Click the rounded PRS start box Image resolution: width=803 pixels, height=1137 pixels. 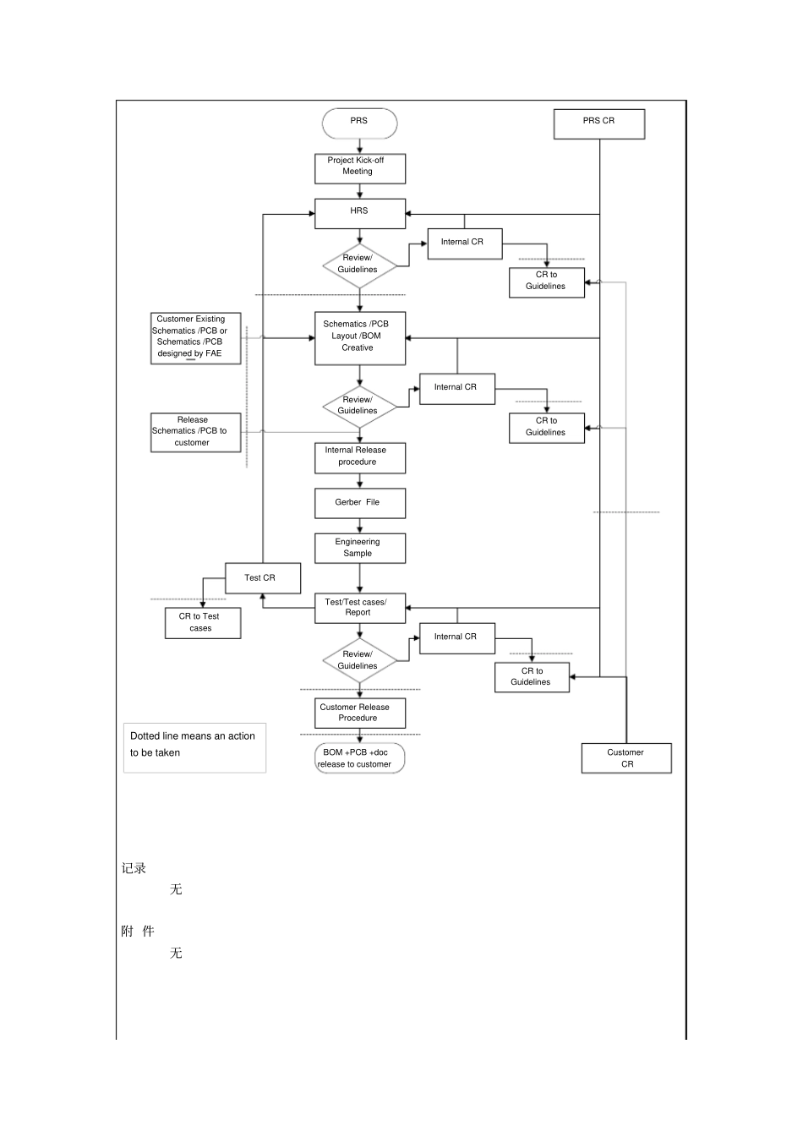coord(359,123)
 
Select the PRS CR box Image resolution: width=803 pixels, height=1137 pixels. coord(599,123)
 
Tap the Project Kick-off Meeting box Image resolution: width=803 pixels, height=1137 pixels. coord(360,168)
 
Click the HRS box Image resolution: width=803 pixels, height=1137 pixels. coord(360,213)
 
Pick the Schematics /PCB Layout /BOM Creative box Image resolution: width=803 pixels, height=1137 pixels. coord(360,338)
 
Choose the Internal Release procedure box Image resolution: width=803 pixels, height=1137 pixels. coord(360,457)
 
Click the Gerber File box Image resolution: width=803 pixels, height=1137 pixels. coord(360,503)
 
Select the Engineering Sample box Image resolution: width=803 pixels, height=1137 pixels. coord(360,548)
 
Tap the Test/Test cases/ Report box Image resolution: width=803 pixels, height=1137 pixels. coord(360,608)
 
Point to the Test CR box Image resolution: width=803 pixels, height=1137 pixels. coord(263,578)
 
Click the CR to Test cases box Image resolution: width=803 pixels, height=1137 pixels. coord(203,623)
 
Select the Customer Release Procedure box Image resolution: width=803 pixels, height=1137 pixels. coord(360,713)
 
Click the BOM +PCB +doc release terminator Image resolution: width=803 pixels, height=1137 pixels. coord(359,758)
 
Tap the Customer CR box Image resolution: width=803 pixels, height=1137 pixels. coord(626,758)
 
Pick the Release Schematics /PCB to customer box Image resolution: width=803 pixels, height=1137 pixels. coord(195,432)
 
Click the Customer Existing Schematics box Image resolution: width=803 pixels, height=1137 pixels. coord(195,338)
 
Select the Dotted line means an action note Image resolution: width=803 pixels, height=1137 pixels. coord(194,747)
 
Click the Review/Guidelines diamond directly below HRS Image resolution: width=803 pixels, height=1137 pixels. coord(360,265)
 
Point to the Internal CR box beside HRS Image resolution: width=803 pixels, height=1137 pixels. coord(465,243)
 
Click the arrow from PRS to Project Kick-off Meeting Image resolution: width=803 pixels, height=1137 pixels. coord(360,146)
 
